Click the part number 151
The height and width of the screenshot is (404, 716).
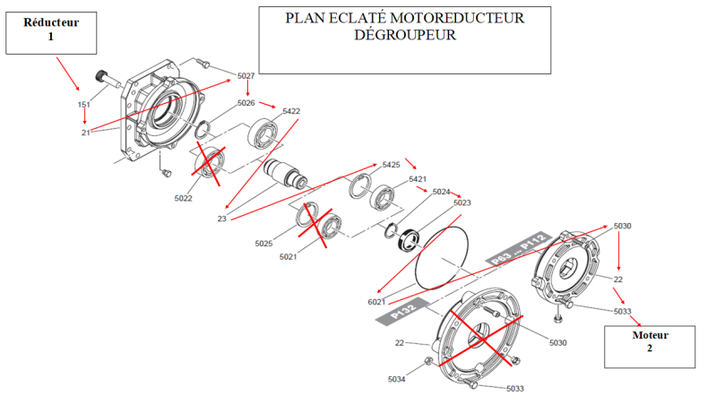click(83, 105)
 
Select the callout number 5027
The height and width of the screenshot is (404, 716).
click(246, 75)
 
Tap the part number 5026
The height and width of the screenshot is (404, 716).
click(246, 103)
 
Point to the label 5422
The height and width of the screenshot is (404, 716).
click(291, 111)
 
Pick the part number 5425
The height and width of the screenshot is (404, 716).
click(391, 165)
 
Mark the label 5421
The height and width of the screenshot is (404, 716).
click(418, 179)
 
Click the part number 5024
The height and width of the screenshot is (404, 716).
click(441, 192)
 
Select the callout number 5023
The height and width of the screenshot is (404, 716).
click(462, 202)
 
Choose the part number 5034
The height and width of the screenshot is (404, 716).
click(397, 380)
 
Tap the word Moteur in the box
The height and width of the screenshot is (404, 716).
click(650, 335)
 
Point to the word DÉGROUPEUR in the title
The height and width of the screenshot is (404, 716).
click(405, 36)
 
